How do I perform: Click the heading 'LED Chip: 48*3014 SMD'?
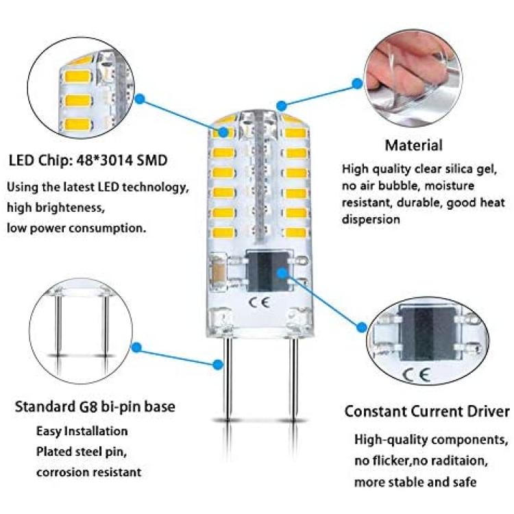pyautogui.click(x=88, y=161)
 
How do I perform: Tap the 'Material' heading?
pyautogui.click(x=413, y=145)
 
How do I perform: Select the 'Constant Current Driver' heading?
pyautogui.click(x=427, y=411)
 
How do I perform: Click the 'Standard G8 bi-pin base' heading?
pyautogui.click(x=95, y=407)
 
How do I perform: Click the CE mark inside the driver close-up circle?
pyautogui.click(x=419, y=374)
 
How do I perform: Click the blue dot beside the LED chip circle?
pyautogui.click(x=139, y=100)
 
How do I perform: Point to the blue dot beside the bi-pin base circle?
pyautogui.click(x=136, y=348)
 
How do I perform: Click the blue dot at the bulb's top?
pyautogui.click(x=280, y=105)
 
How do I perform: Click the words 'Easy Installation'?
pyautogui.click(x=82, y=431)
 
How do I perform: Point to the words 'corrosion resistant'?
pyautogui.click(x=88, y=472)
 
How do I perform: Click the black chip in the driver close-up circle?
pyautogui.click(x=423, y=331)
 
